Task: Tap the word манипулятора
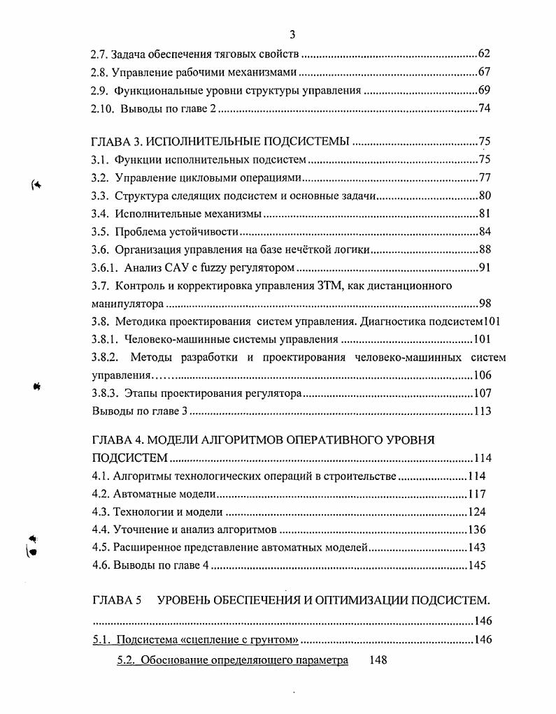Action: [x=128, y=304]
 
